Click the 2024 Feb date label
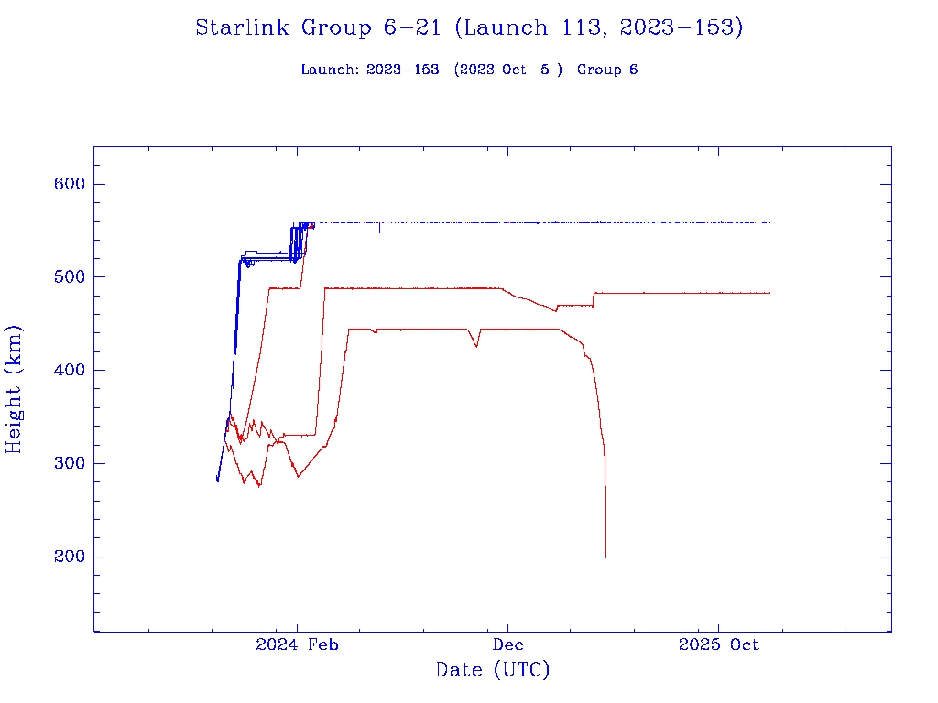[x=297, y=645]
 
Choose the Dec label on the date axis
[x=507, y=645]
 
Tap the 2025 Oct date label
[x=718, y=645]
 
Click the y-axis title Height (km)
[x=15, y=389]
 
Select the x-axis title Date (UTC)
[x=493, y=671]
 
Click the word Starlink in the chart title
[x=242, y=28]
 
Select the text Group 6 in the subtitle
[x=607, y=70]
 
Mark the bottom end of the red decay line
[x=605, y=557]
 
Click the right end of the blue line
[x=769, y=222]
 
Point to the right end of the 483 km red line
[x=769, y=293]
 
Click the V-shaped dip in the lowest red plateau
[x=476, y=346]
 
